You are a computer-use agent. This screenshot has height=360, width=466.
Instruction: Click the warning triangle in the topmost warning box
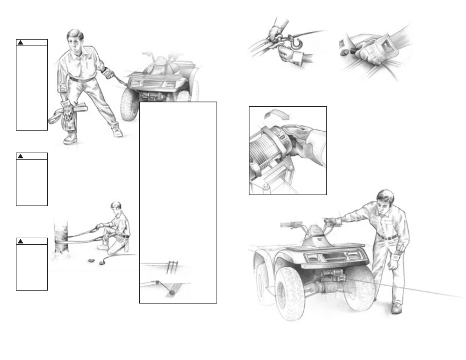(x=20, y=42)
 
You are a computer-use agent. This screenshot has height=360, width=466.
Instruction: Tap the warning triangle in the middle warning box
(x=20, y=156)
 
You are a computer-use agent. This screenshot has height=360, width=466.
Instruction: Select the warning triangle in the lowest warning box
(x=20, y=241)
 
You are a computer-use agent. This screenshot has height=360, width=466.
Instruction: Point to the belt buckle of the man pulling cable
(x=83, y=80)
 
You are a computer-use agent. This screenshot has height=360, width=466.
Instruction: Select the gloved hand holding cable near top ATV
(x=109, y=74)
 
